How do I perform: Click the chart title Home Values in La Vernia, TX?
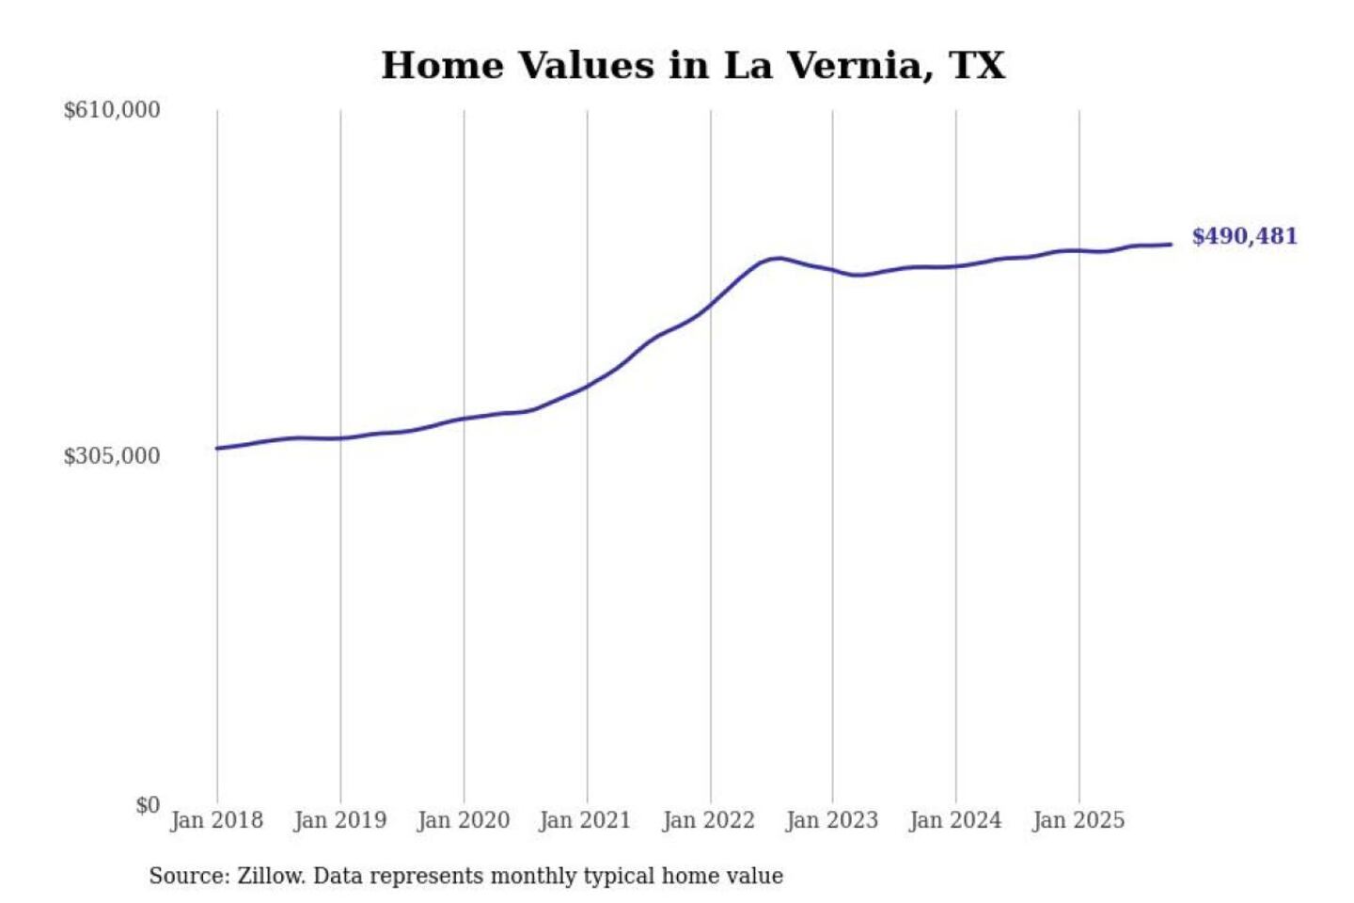pos(693,66)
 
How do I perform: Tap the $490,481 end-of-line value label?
pos(1244,236)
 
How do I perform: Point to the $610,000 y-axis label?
pos(112,110)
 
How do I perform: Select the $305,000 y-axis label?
pos(112,456)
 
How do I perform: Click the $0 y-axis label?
pos(148,805)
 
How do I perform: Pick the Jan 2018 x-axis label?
pos(216,820)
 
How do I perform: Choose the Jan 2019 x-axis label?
pos(339,820)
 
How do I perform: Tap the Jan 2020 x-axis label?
pos(463,820)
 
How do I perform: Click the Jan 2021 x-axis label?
pos(585,820)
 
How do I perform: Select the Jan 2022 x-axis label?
pos(708,820)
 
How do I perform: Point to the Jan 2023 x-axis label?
pos(831,820)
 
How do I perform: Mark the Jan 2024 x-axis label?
pos(955,820)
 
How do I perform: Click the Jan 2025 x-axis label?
pos(1078,820)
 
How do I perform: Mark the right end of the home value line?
pos(1171,245)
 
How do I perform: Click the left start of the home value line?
pos(217,448)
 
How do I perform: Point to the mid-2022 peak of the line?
pos(777,258)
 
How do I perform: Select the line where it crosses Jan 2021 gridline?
pos(588,386)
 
